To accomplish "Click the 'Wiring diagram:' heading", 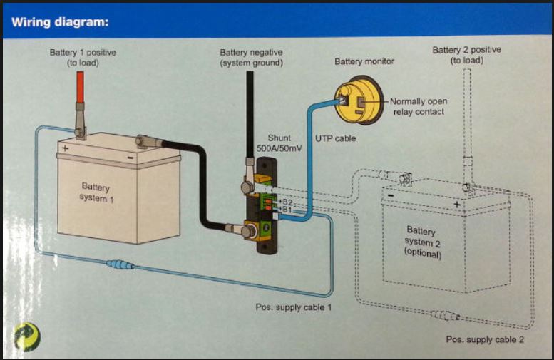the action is (60, 22).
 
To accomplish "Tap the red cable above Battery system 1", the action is (80, 87).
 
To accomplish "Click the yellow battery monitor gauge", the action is (359, 100).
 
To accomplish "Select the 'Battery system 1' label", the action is (96, 192).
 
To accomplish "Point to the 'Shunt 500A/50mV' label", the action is (279, 143).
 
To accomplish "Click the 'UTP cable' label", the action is (335, 138).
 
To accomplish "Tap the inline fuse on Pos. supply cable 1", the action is (120, 264).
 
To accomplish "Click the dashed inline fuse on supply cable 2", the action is (444, 315).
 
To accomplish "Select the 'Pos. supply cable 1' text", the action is (294, 307).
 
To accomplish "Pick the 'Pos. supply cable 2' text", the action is (485, 339).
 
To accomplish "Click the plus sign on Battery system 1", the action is (65, 148).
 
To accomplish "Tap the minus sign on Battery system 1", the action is (130, 158).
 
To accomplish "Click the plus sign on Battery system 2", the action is (457, 204).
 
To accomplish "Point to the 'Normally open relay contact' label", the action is (419, 106).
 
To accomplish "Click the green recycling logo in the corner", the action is (27, 337).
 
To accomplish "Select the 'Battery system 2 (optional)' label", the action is (423, 242).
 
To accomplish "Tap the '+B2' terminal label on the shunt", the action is (286, 202).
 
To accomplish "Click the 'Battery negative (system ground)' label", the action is (251, 58).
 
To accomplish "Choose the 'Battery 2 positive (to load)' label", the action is (467, 55).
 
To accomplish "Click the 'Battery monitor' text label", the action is (364, 61).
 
